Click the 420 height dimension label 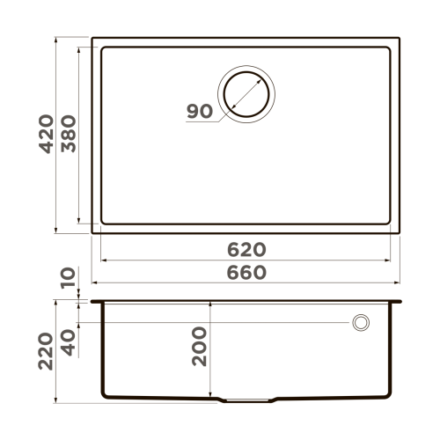[x=47, y=134]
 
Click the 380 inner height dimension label [x=70, y=134]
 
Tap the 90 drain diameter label [x=200, y=112]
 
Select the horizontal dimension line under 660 [x=246, y=283]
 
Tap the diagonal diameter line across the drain [x=247, y=92]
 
